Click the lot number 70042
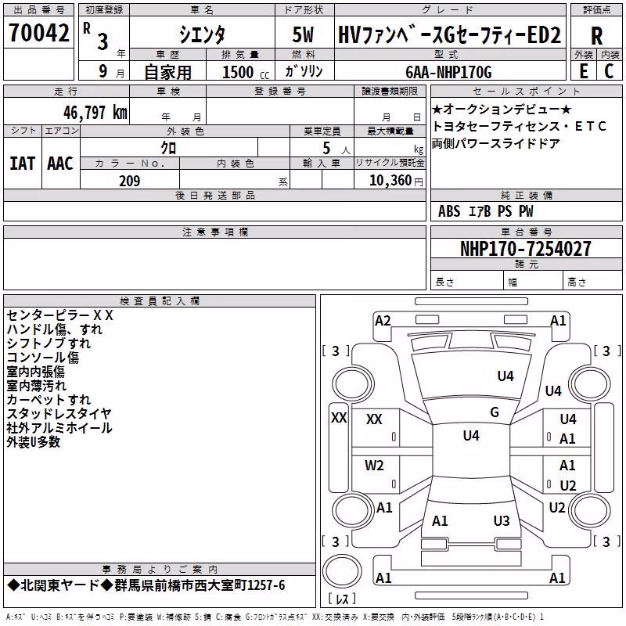point(38,32)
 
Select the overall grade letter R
point(596,36)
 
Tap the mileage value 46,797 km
point(95,113)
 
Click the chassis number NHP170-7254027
point(525,249)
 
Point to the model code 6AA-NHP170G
point(448,72)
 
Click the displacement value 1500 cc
point(245,72)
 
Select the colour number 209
point(130,181)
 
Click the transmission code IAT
point(22,164)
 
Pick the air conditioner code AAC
point(60,164)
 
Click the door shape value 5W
point(303,34)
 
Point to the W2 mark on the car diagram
point(374,466)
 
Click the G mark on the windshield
point(495,412)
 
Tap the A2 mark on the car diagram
point(383,321)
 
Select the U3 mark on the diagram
point(502,520)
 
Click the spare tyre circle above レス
point(342,570)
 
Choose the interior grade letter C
point(609,71)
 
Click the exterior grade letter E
point(583,71)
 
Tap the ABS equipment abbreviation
point(449,211)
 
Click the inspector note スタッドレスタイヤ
point(59,414)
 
